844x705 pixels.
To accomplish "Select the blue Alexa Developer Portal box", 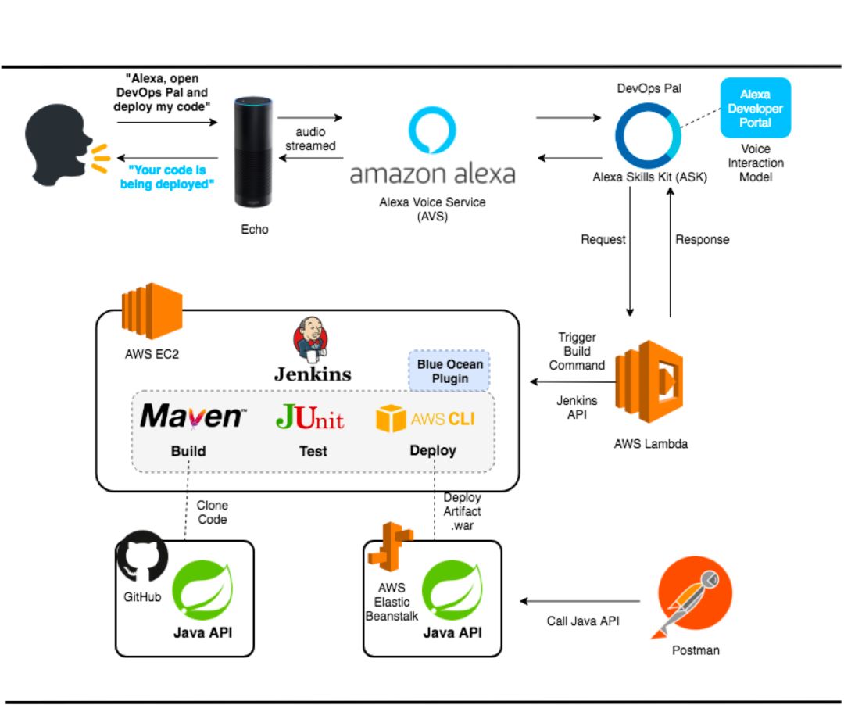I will (x=755, y=108).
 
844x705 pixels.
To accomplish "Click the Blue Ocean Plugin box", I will (x=449, y=371).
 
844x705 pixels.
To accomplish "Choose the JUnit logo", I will (x=310, y=417).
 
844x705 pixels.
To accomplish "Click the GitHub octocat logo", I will (x=141, y=556).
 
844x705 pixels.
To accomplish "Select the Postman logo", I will (x=695, y=602).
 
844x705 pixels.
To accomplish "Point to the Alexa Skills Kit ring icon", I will (x=648, y=134).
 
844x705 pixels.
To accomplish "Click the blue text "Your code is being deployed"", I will (x=166, y=176).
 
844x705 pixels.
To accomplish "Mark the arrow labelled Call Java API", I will (x=581, y=601).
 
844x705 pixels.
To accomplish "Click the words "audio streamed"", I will (x=310, y=139).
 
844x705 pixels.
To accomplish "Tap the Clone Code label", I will (x=213, y=513).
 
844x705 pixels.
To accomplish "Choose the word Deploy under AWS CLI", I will (x=433, y=450).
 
